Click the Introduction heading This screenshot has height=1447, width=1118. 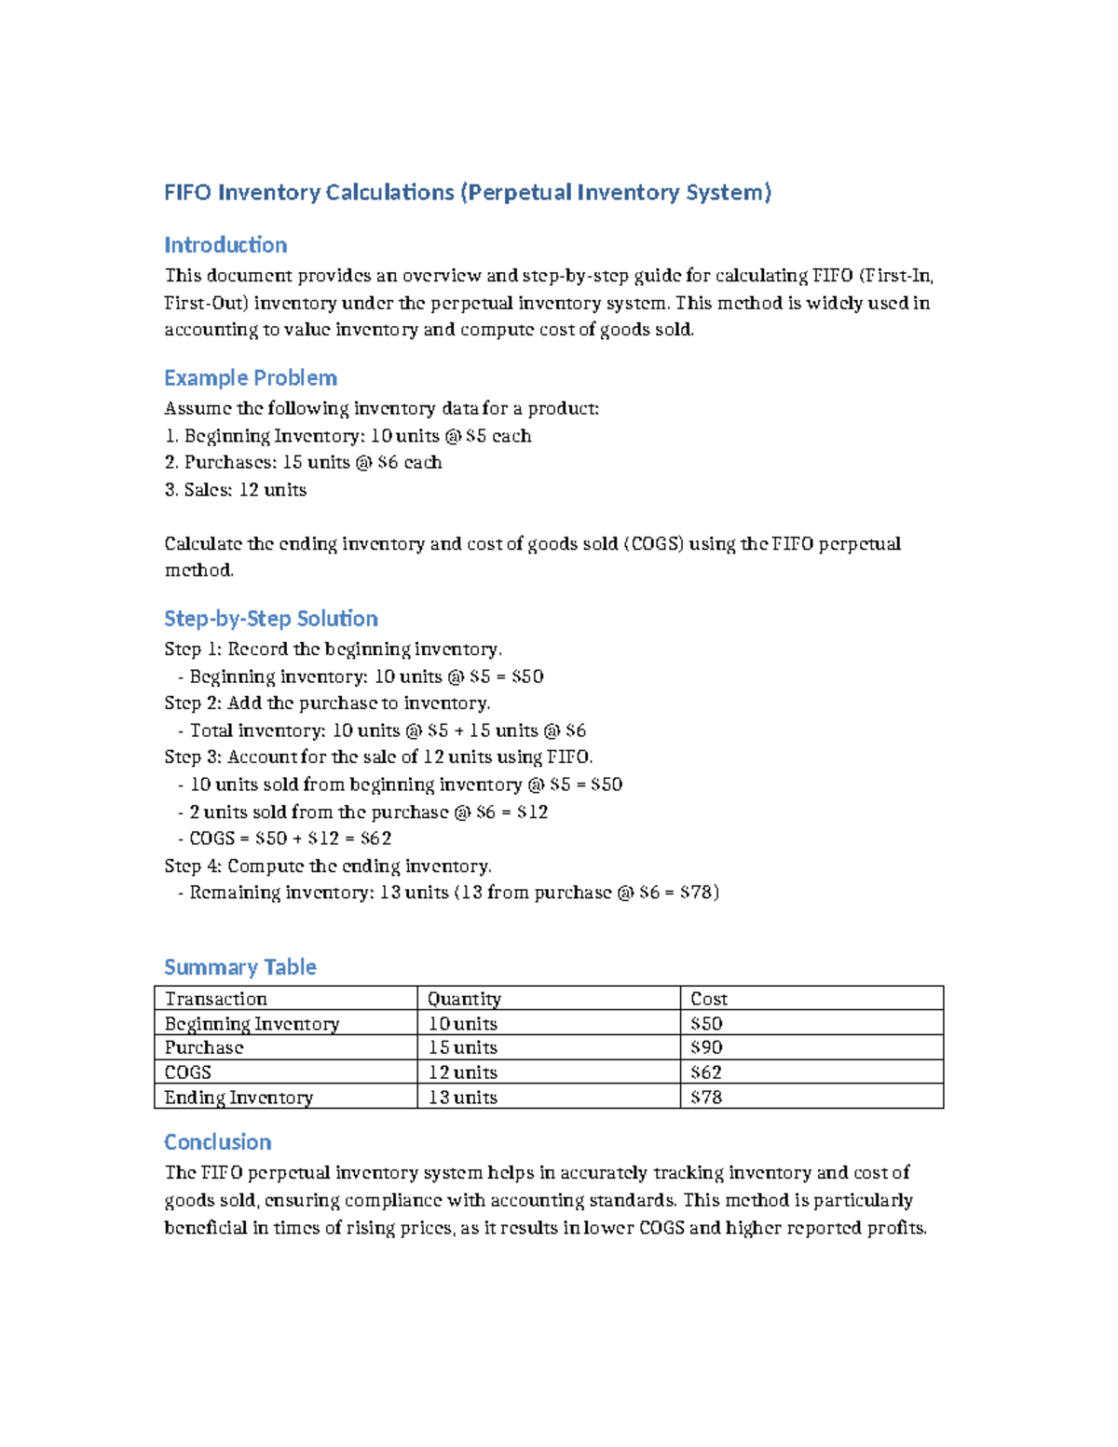pos(225,245)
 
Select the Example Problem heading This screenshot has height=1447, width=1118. pos(251,378)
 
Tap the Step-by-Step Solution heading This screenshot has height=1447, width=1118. pos(271,619)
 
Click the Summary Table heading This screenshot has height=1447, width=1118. pos(240,967)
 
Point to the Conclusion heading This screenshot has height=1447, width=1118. pos(218,1142)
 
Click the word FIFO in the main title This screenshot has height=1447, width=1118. pos(187,193)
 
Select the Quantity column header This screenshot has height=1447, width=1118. pos(464,999)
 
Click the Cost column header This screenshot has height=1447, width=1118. pos(708,999)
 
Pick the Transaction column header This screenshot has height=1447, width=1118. pos(216,999)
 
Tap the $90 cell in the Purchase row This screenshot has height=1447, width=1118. pos(706,1048)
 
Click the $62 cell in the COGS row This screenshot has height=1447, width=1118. pos(706,1072)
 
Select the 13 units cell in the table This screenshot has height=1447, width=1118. pos(462,1098)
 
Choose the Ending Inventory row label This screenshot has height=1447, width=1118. pos(239,1098)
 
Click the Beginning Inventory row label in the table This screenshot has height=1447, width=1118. pos(252,1024)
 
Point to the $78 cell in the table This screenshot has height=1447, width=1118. pos(706,1098)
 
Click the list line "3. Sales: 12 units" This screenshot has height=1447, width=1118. pos(236,490)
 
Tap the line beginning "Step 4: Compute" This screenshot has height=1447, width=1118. pos(328,867)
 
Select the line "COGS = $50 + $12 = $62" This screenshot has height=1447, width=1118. pos(290,839)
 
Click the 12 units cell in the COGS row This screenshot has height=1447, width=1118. pos(462,1072)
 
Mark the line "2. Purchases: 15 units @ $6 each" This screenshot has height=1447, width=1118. pos(304,463)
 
